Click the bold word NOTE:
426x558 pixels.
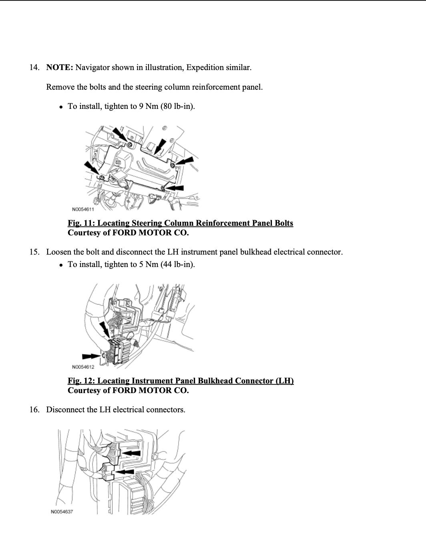coord(59,67)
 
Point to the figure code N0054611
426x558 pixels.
coord(83,209)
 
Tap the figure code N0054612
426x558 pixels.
coord(83,367)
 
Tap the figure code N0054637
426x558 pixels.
coord(62,512)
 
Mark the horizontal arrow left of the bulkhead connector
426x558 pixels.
coord(91,356)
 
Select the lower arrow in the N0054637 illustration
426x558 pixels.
coord(125,472)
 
